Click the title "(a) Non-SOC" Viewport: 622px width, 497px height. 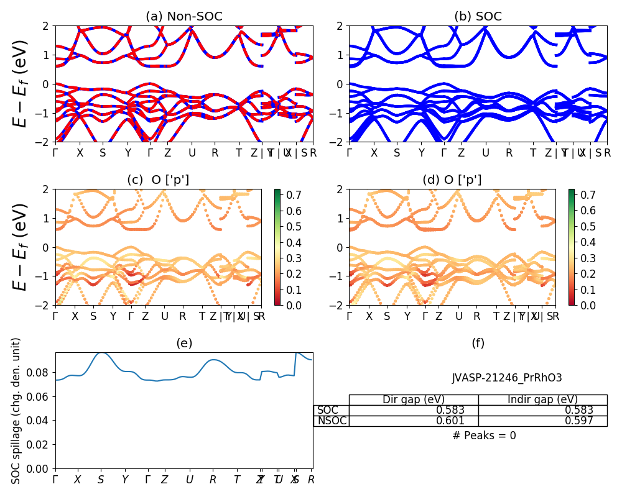coord(183,17)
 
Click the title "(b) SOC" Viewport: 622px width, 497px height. coord(478,17)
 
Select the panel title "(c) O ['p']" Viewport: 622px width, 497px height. coord(158,180)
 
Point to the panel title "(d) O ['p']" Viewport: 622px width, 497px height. coord(452,180)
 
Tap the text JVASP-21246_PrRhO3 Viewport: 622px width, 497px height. coord(507,378)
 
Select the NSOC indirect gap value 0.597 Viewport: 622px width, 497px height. coord(578,421)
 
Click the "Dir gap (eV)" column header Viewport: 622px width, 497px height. coord(413,399)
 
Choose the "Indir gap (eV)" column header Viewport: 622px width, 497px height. coord(542,399)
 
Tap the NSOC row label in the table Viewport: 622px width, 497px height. coord(332,421)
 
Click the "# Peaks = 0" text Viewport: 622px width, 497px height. coord(484,435)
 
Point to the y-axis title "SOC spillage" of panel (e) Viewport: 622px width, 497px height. coord(17,411)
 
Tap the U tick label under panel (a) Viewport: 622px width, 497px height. coord(192,153)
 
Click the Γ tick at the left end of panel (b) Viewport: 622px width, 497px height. coord(349,153)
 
